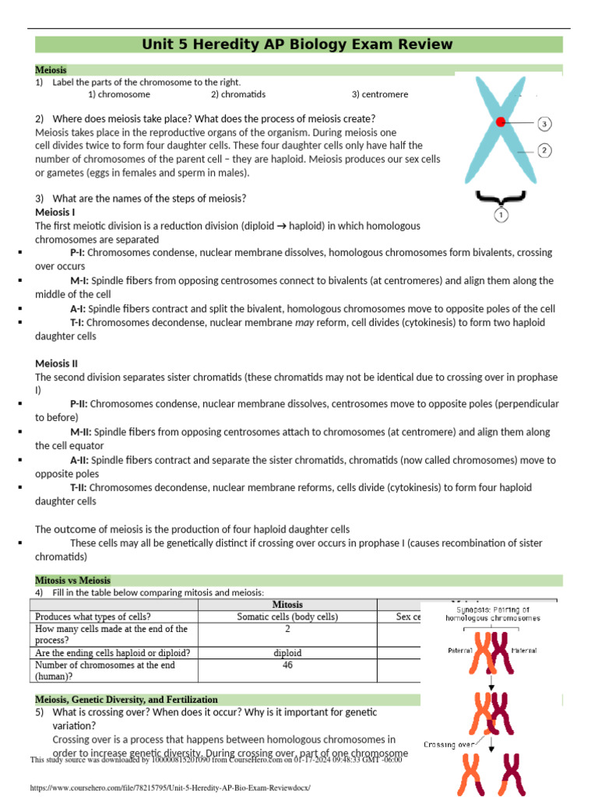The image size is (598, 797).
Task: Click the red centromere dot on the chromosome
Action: coord(501,121)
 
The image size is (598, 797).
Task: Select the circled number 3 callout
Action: coord(545,123)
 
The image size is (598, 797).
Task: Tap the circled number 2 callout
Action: coord(545,150)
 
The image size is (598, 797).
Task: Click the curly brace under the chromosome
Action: coord(500,195)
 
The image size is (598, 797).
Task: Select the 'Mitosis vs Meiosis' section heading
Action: coord(73,581)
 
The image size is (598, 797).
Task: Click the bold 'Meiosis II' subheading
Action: coord(57,363)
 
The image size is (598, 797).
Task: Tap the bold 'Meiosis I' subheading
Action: coord(55,212)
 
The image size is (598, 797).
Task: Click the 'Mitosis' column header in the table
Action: coord(287,605)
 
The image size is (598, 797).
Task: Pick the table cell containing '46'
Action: coord(287,665)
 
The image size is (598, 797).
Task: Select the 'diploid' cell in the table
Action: coord(287,653)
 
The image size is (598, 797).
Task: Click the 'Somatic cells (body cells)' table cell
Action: coord(287,616)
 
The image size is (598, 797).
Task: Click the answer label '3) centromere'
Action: coord(379,94)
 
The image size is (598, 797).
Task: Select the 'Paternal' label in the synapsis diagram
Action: coord(459,650)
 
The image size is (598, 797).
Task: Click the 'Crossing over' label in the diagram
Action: coord(449,745)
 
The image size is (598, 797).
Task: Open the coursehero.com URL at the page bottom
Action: coord(170,788)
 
